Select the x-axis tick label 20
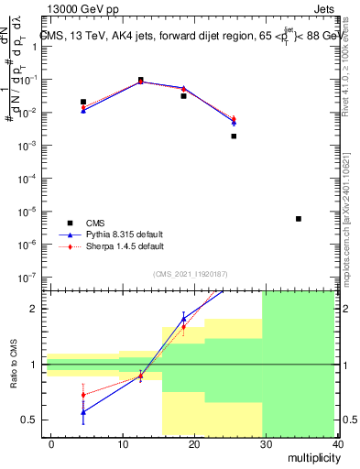click(x=193, y=443)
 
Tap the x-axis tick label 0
click(x=51, y=443)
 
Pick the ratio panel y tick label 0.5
click(x=28, y=420)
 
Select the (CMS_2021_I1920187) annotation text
click(x=190, y=274)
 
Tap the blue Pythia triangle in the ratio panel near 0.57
click(x=83, y=412)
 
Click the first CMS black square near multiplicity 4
click(x=83, y=102)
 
